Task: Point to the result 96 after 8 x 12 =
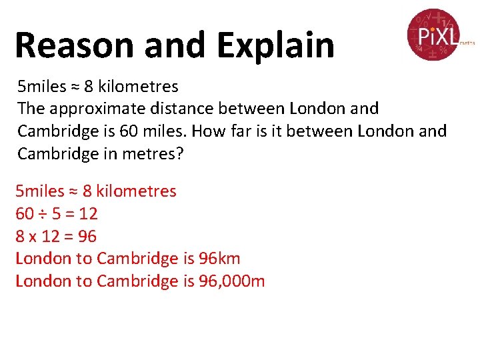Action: pos(87,237)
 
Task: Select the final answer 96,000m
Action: pos(231,281)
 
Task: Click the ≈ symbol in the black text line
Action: pos(75,87)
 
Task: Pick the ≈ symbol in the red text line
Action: pos(74,191)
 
